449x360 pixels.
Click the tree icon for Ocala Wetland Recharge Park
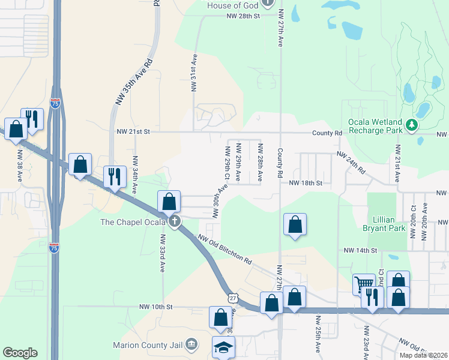[x=412, y=125]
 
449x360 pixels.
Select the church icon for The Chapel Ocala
[x=175, y=222]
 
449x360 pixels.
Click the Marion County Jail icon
[x=191, y=344]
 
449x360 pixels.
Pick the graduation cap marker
[x=223, y=347]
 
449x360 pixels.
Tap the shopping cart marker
[x=364, y=285]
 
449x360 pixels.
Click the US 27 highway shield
[x=232, y=298]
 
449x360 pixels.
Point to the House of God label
[x=232, y=5]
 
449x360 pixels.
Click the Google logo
[x=20, y=353]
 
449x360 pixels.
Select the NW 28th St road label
[x=239, y=16]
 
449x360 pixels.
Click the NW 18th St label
[x=306, y=183]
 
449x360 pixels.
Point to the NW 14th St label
[x=360, y=250]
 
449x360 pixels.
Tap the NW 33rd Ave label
[x=162, y=253]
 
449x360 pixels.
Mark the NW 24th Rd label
[x=351, y=163]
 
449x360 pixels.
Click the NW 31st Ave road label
[x=194, y=73]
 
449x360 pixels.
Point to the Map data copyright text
[x=424, y=355]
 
